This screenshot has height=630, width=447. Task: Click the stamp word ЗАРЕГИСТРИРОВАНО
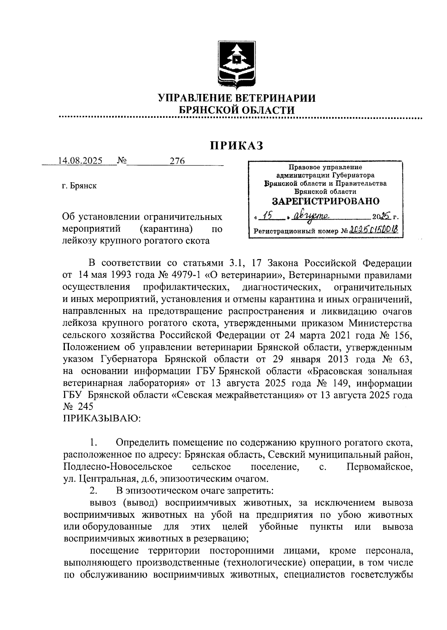click(x=326, y=201)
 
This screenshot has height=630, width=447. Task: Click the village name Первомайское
click(x=379, y=467)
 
